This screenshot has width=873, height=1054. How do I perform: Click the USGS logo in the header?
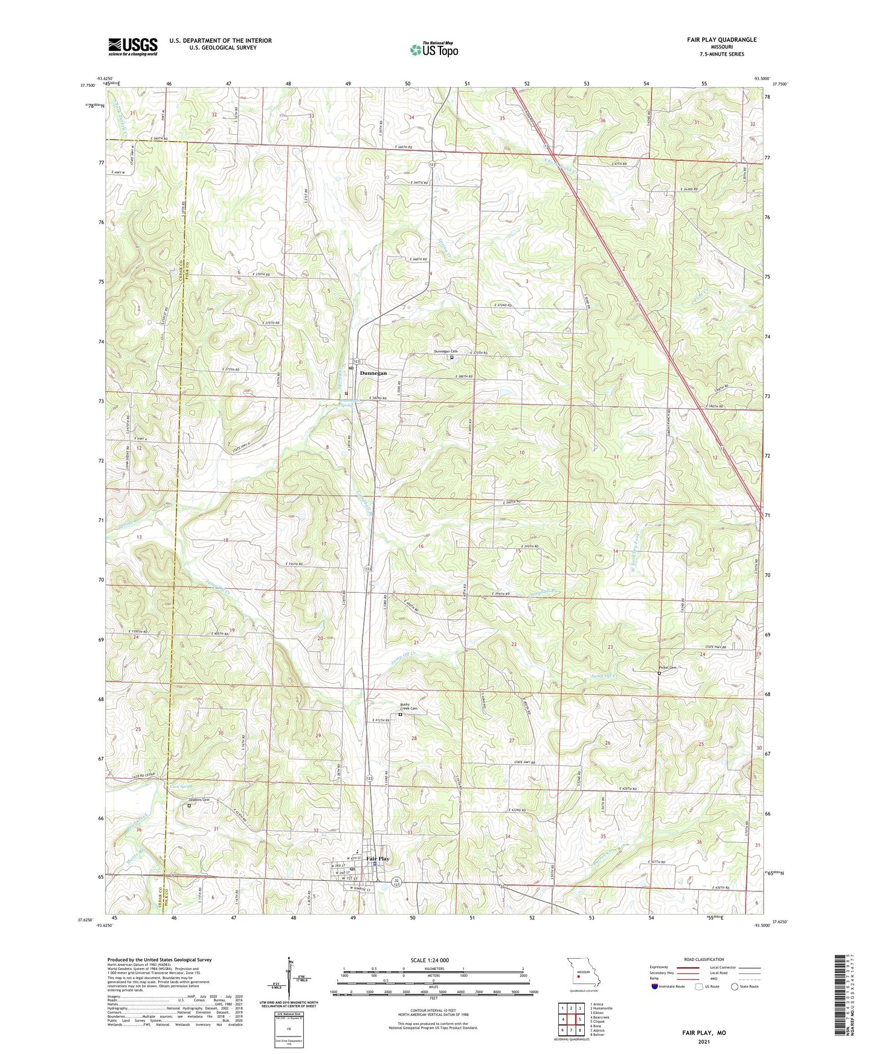[x=133, y=46]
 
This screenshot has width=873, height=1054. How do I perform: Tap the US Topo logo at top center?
[x=433, y=50]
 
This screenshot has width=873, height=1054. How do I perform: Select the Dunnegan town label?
[x=373, y=373]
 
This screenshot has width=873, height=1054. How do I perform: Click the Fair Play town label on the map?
[x=378, y=858]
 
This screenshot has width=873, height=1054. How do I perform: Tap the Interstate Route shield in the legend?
[x=656, y=986]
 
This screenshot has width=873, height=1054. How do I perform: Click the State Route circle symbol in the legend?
[x=735, y=986]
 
